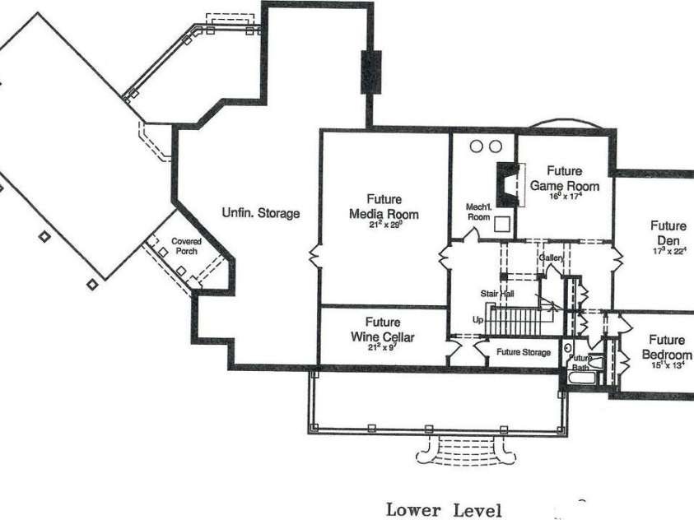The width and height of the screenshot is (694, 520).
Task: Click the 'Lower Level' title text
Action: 444,510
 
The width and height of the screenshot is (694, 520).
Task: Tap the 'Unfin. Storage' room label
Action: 261,213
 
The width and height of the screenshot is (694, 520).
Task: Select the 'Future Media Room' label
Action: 383,207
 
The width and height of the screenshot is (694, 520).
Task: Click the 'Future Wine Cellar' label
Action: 383,330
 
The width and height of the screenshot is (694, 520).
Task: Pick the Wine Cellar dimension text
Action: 383,347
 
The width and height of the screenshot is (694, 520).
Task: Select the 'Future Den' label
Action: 668,233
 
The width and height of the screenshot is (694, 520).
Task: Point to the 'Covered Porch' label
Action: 186,246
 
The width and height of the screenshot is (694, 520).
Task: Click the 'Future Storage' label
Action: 524,352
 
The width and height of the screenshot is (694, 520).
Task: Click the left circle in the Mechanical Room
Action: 477,146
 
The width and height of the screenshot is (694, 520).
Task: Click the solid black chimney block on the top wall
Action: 370,72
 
